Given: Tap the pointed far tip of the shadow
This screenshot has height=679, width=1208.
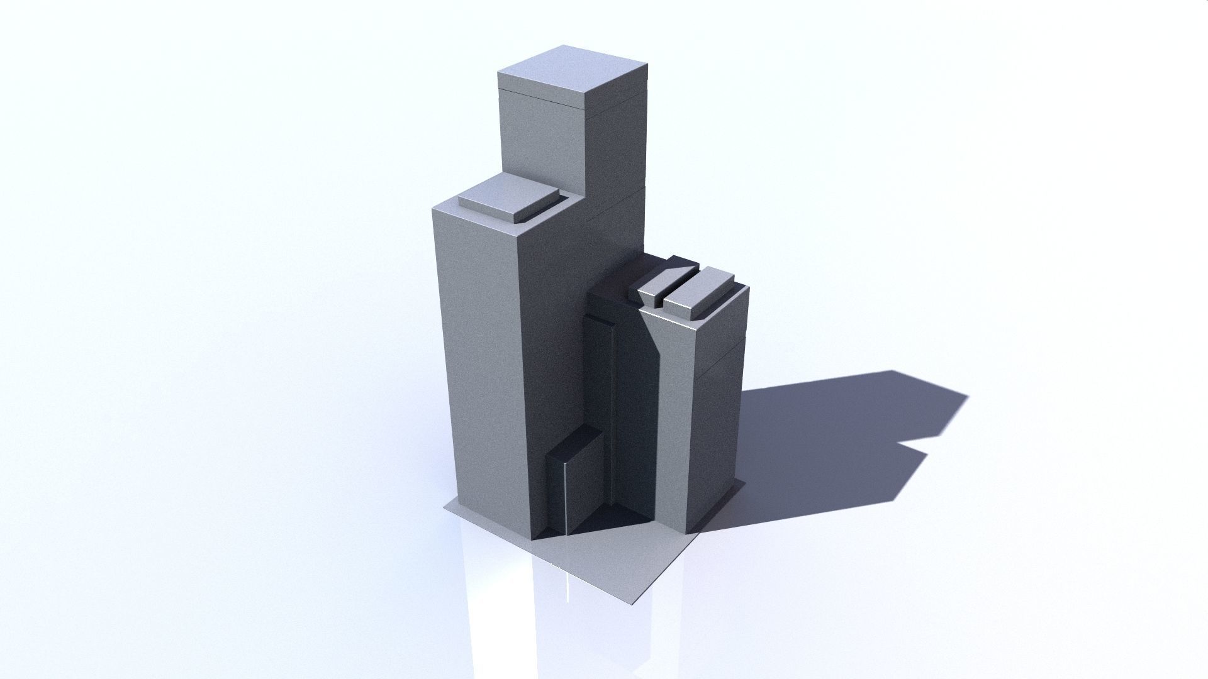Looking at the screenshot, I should pyautogui.click(x=966, y=395).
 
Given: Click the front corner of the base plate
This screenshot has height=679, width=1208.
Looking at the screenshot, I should pyautogui.click(x=632, y=604).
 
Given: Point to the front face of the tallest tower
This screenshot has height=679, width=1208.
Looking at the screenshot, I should pyautogui.click(x=541, y=138).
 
